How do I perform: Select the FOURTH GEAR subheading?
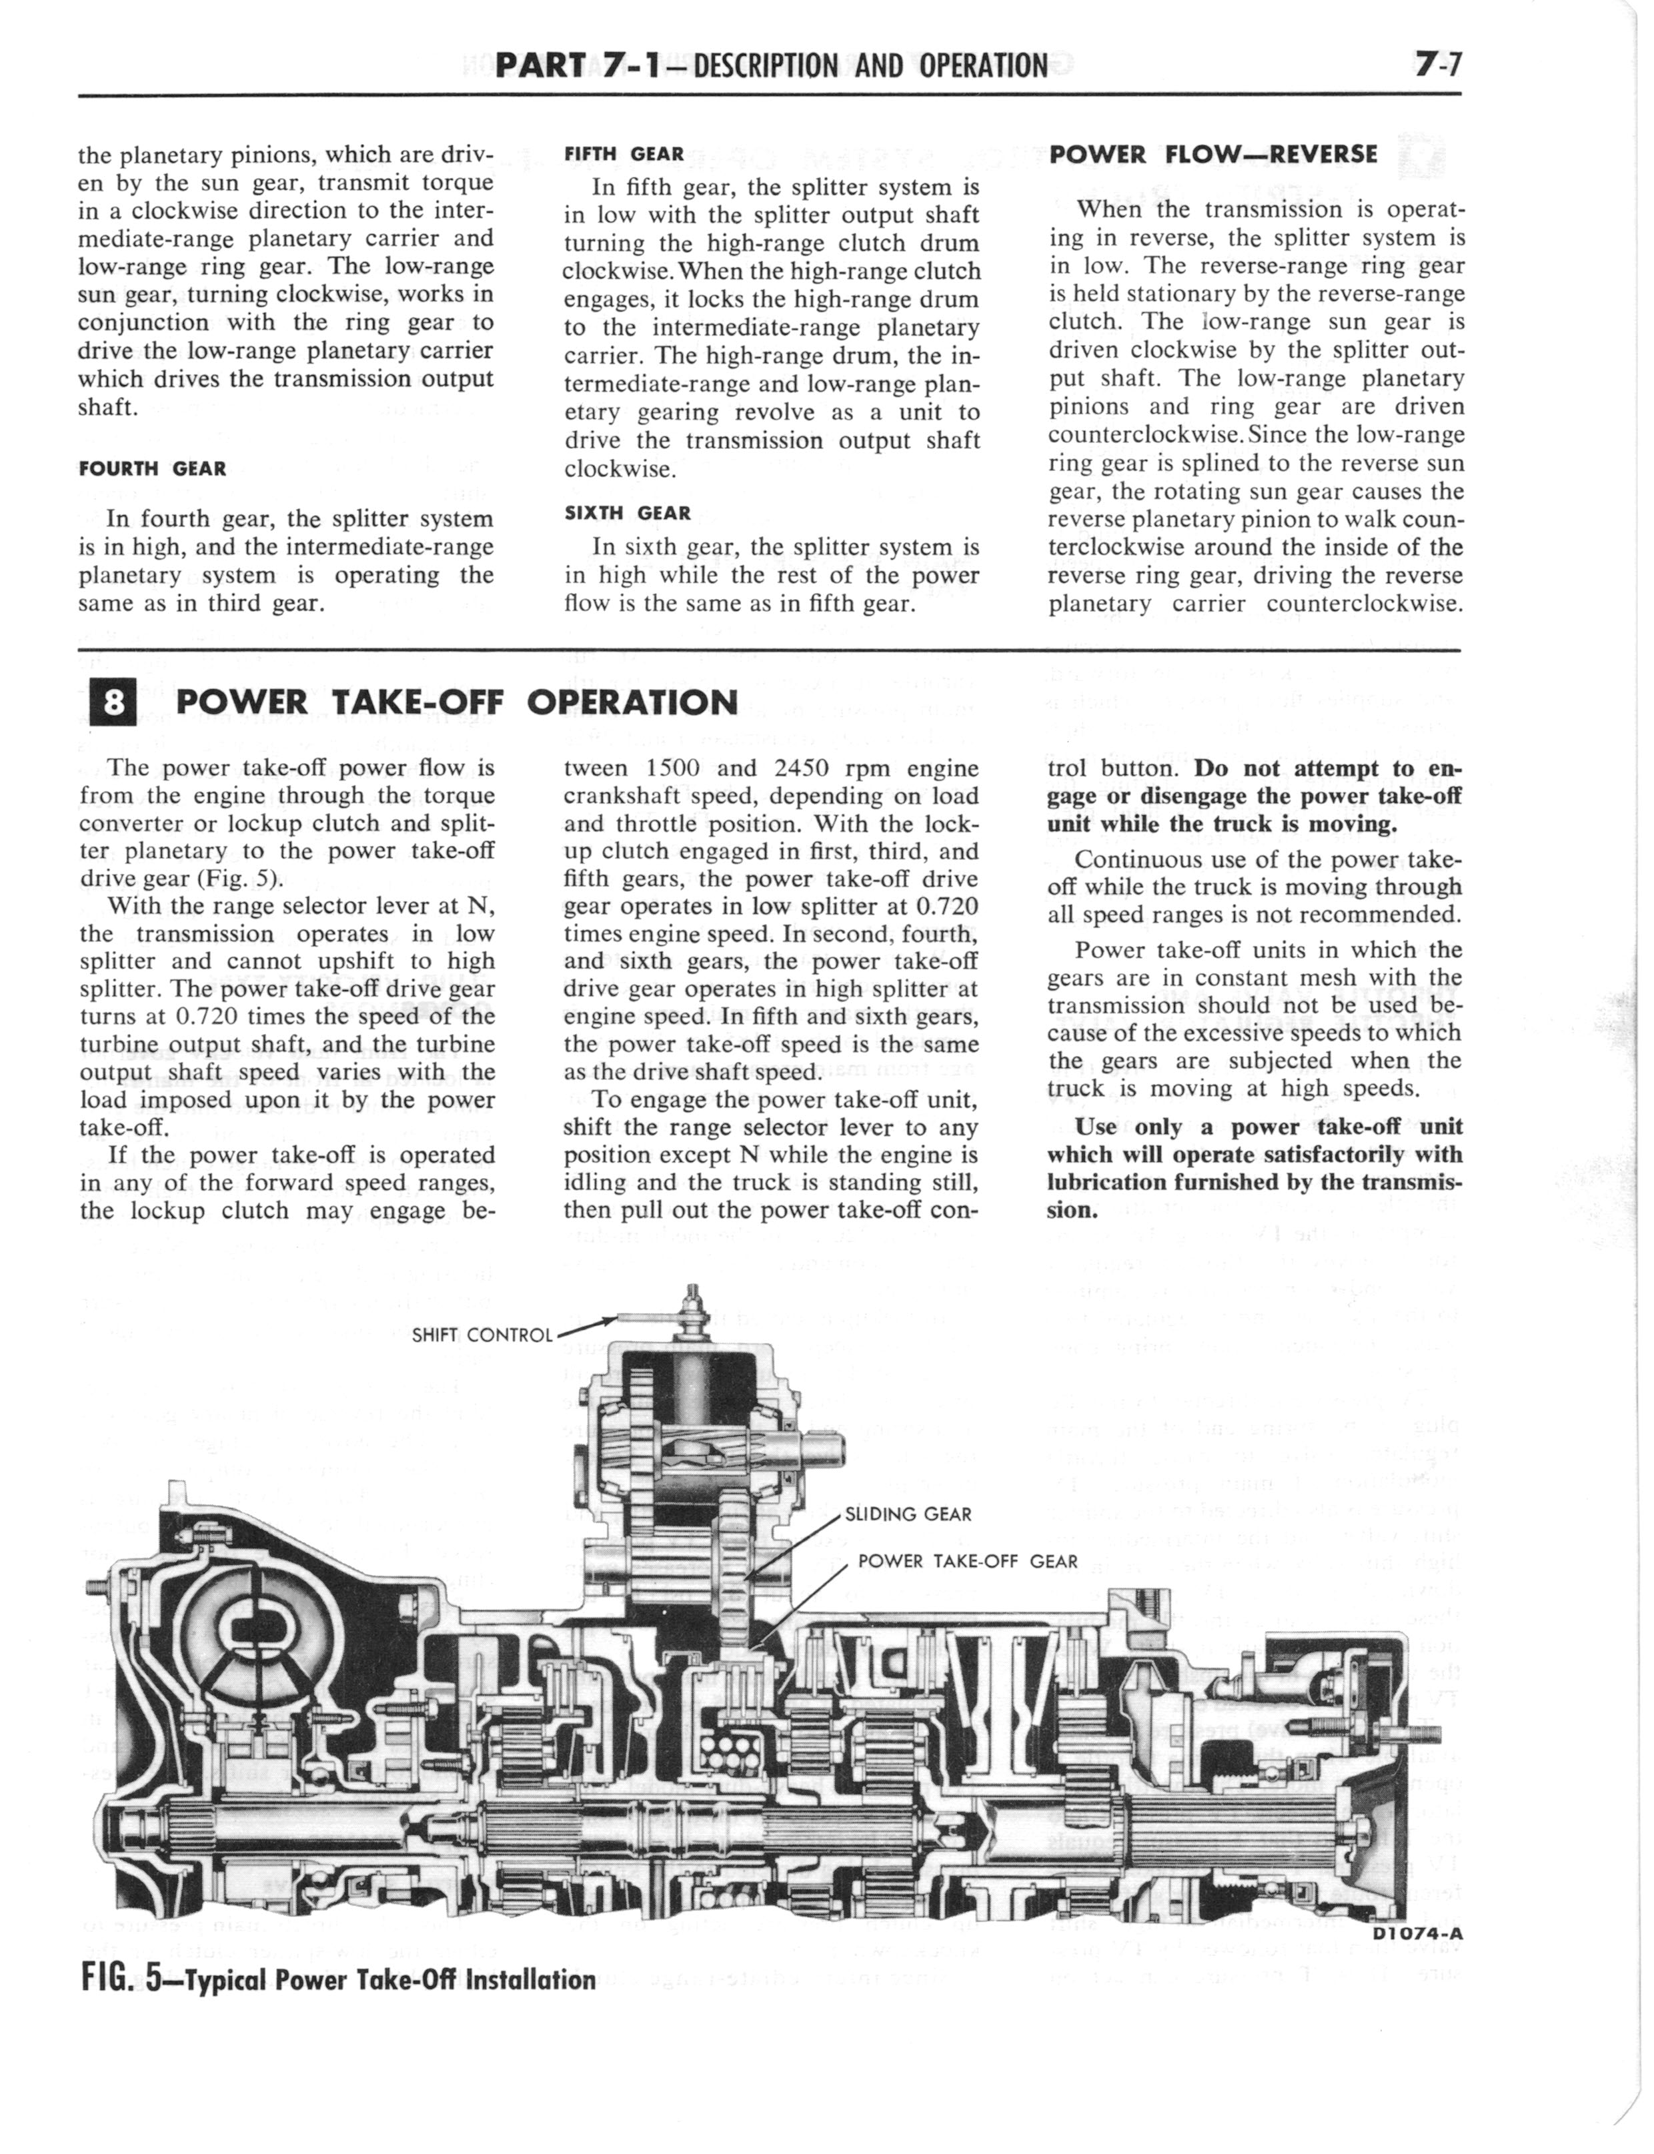[153, 468]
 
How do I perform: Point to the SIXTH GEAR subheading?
[628, 513]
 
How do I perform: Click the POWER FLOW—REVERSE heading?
[1214, 155]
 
